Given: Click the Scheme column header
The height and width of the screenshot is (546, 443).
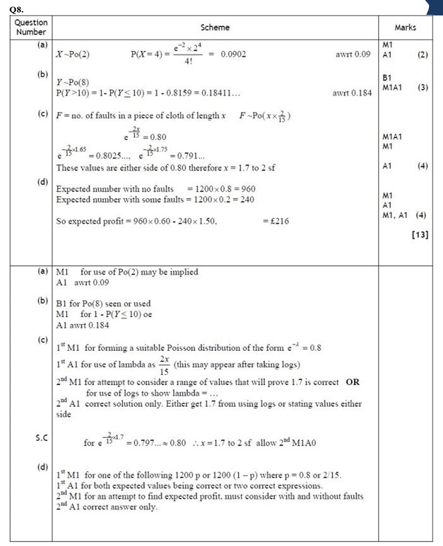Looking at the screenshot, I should point(215,28).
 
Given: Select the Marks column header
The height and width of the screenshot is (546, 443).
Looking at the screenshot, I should point(405,28).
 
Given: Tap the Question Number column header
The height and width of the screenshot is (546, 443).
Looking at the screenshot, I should point(31,27).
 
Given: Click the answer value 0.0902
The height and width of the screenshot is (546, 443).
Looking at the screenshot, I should point(233,54).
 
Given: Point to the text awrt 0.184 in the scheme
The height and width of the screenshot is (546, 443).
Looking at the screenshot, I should point(352,94).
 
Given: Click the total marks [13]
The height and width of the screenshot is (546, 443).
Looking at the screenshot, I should point(420,235).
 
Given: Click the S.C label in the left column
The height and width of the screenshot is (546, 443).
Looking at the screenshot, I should point(42,438).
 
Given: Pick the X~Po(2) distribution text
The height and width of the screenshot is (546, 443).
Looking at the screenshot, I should point(73,54).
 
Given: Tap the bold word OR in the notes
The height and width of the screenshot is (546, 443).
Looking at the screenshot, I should point(352,382).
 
